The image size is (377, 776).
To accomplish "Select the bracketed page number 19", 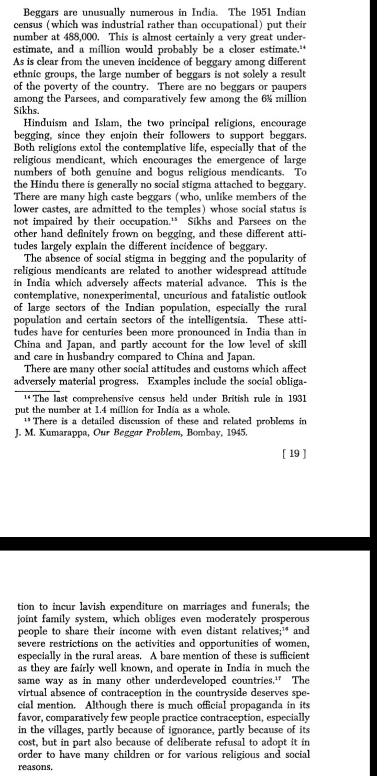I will (x=293, y=453).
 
